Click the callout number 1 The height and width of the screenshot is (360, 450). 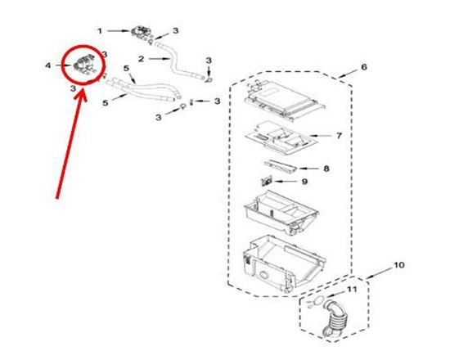coord(100,31)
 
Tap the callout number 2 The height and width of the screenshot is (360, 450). coord(141,59)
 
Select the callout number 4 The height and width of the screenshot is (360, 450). coord(48,65)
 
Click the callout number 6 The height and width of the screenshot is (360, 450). coord(364,67)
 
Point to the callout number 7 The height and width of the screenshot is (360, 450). coord(339,136)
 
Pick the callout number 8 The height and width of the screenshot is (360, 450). coord(326,169)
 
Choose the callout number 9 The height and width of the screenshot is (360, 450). coord(304,182)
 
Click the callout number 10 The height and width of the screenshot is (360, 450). coord(399,265)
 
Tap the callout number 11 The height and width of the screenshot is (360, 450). coord(352,290)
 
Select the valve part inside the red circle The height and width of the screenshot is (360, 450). coord(84,64)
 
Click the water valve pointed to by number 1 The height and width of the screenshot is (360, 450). coord(142,33)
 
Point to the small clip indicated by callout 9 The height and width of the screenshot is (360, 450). coord(267,182)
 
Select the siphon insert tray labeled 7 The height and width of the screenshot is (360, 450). coord(280,137)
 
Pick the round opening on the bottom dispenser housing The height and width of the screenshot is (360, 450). coord(263,275)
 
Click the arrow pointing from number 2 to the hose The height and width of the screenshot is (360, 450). coord(159,59)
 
